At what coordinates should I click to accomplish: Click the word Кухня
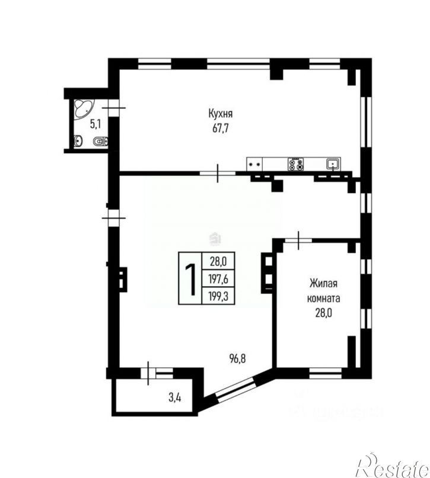tap(220, 113)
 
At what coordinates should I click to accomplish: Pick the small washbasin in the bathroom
tap(78, 141)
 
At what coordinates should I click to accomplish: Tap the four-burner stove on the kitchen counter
tap(296, 163)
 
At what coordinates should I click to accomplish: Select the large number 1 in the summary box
tap(191, 279)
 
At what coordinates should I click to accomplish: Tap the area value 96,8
tap(238, 357)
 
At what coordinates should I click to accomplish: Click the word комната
tap(324, 299)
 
